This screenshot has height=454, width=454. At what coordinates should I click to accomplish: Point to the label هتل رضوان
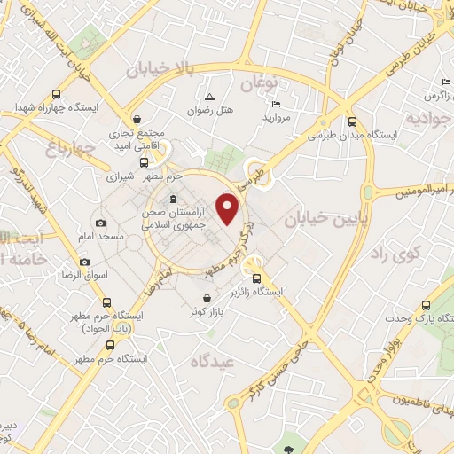pyautogui.click(x=209, y=113)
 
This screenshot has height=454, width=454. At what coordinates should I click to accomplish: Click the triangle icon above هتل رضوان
pyautogui.click(x=209, y=97)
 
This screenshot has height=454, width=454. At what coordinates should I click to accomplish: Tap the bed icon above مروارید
pyautogui.click(x=275, y=104)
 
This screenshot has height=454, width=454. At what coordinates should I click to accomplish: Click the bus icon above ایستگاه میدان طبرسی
pyautogui.click(x=352, y=121)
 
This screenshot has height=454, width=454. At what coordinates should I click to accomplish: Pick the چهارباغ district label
pyautogui.click(x=57, y=148)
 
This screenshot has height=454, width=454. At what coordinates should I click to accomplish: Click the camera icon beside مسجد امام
pyautogui.click(x=100, y=223)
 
